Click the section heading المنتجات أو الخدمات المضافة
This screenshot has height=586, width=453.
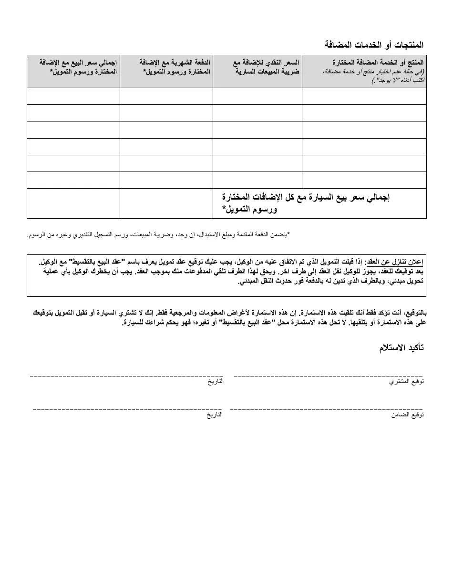(374, 45)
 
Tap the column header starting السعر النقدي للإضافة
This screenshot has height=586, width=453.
(267, 67)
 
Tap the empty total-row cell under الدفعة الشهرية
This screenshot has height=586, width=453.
(166, 203)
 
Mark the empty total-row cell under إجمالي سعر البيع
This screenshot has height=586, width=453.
(73, 203)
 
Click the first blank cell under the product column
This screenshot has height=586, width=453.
(364, 96)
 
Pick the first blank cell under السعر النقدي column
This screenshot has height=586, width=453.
(257, 96)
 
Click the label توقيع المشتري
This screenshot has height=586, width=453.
(407, 382)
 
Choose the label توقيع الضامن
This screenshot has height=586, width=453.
(408, 415)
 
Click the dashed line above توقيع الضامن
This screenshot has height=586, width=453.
(326, 409)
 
